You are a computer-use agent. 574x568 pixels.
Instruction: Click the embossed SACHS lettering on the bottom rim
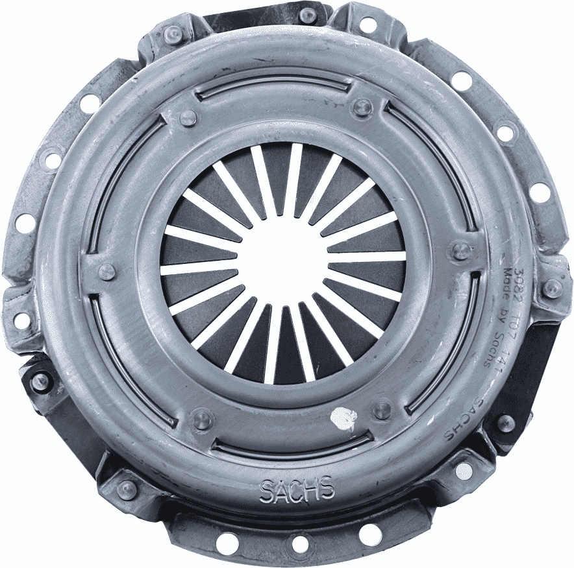click(x=297, y=490)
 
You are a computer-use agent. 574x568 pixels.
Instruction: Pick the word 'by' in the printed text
click(x=503, y=311)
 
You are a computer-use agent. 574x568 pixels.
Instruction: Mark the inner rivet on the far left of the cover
click(x=106, y=272)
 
